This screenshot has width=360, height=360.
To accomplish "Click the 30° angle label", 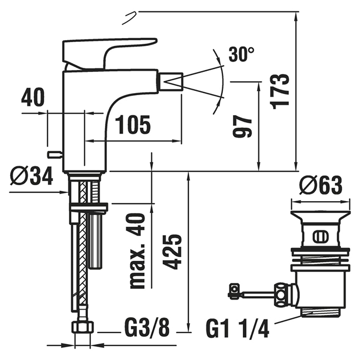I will coord(241,54).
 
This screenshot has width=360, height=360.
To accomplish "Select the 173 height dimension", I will coord(280,90).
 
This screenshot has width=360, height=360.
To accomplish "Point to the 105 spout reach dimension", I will coord(133,125).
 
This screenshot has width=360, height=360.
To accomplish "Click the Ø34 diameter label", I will coord(32,178).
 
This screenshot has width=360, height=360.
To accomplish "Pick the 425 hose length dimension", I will coord(174,251).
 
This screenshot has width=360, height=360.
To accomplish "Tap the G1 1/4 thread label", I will coord(238,328).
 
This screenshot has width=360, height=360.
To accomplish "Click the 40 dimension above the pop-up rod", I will coord(33,98).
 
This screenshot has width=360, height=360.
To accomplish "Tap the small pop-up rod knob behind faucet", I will coord(53,154).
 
